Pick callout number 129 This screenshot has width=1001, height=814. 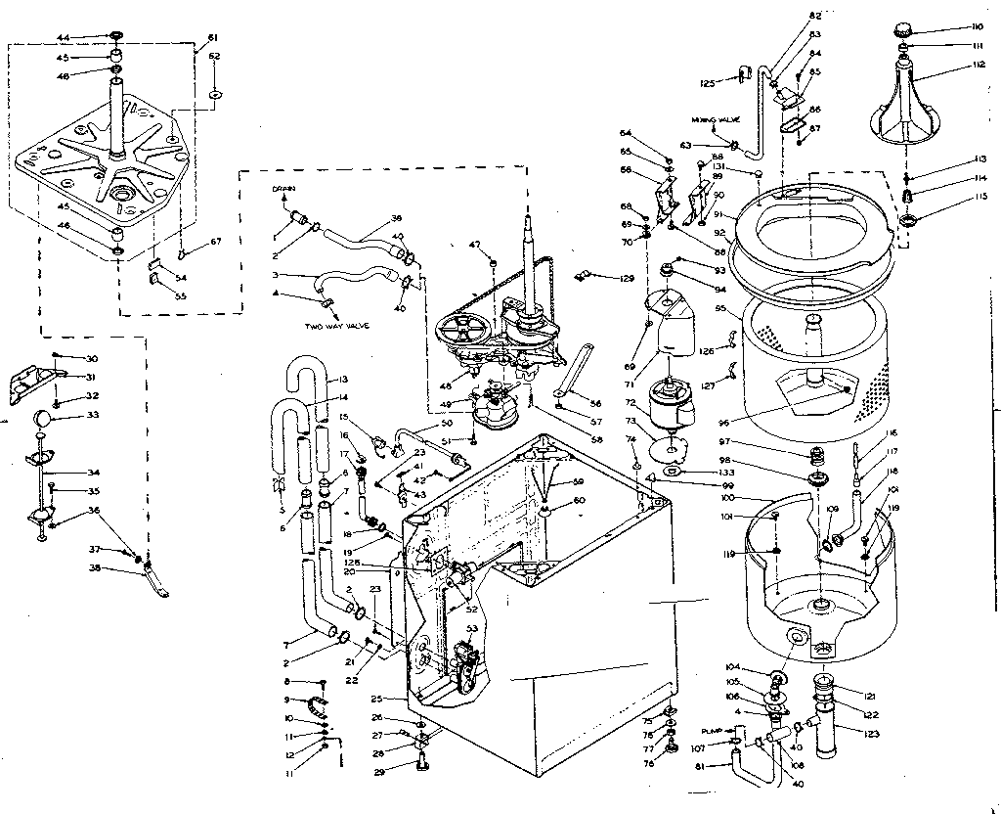click(x=627, y=280)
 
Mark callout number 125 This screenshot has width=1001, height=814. click(x=708, y=82)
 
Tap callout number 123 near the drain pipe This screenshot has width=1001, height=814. click(x=871, y=730)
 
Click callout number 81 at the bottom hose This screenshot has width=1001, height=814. click(x=700, y=766)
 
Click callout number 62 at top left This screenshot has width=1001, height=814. click(x=214, y=56)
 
